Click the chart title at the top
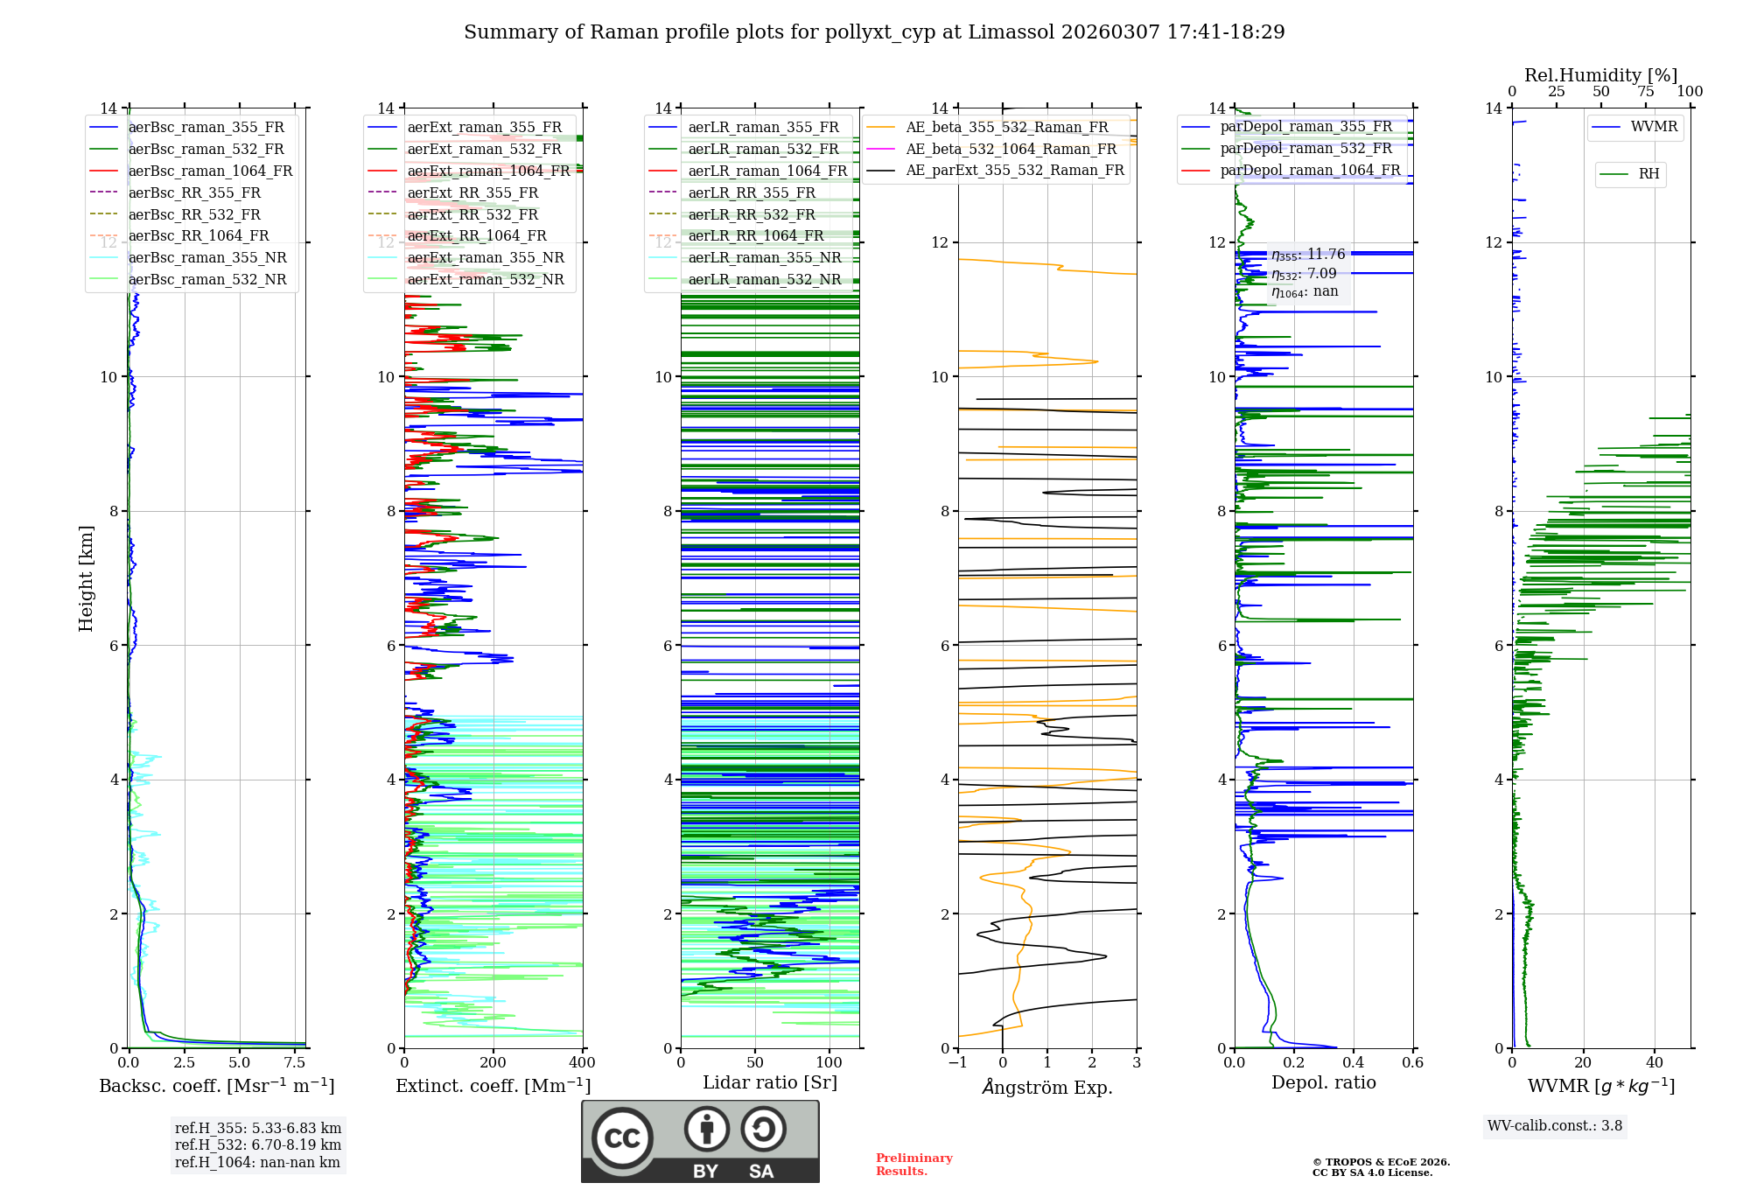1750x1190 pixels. point(874,32)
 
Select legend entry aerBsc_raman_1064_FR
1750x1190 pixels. point(210,171)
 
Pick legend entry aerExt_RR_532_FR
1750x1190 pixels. point(472,214)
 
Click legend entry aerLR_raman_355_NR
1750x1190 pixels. point(764,257)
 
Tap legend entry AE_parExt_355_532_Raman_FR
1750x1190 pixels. point(1015,170)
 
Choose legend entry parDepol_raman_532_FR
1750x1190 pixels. point(1305,148)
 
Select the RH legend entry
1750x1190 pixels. point(1648,174)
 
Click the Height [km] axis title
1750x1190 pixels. point(86,577)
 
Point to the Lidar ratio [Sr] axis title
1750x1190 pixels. point(770,1082)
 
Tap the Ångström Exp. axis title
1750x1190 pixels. point(1047,1087)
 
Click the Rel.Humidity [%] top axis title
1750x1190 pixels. point(1600,75)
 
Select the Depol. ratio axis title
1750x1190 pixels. point(1323,1082)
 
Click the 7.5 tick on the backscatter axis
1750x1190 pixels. point(295,1063)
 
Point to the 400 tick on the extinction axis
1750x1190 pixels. point(582,1063)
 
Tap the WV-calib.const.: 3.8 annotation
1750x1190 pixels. point(1555,1126)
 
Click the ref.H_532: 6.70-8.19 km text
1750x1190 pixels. point(258,1144)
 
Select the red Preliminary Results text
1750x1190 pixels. point(913,1165)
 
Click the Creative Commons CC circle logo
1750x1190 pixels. point(622,1138)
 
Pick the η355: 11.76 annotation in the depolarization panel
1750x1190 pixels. point(1308,255)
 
